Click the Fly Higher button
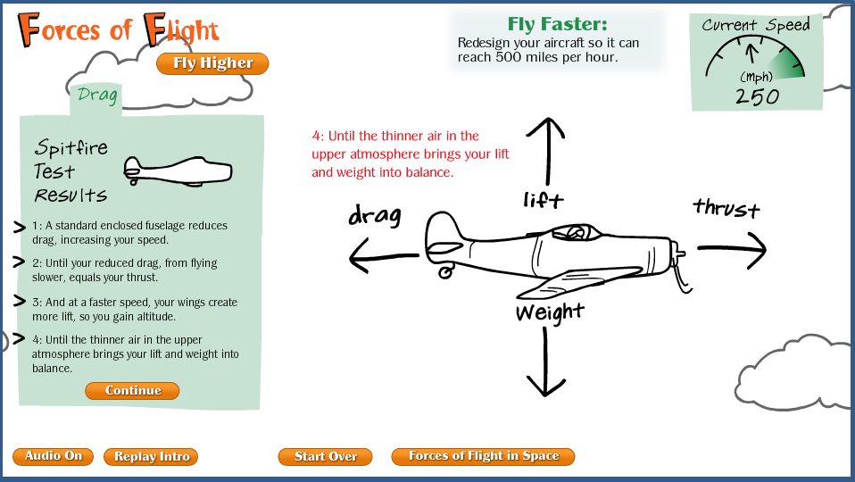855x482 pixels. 212,63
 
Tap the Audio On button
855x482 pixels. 53,456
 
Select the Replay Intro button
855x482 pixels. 151,457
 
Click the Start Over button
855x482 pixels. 325,457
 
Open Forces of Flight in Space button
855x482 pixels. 483,456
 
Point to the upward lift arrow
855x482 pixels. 546,151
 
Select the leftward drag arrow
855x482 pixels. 384,255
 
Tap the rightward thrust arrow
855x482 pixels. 732,250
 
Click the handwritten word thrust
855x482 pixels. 726,208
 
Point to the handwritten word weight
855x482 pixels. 550,312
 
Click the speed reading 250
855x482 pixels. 758,97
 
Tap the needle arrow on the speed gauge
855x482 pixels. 752,53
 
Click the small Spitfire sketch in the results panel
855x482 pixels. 178,171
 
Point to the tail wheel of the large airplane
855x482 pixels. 445,271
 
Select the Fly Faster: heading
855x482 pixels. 557,24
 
